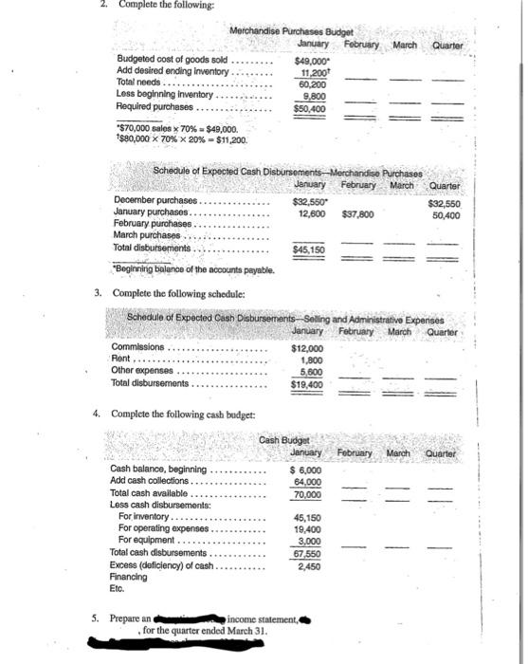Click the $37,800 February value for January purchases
pyautogui.click(x=355, y=213)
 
